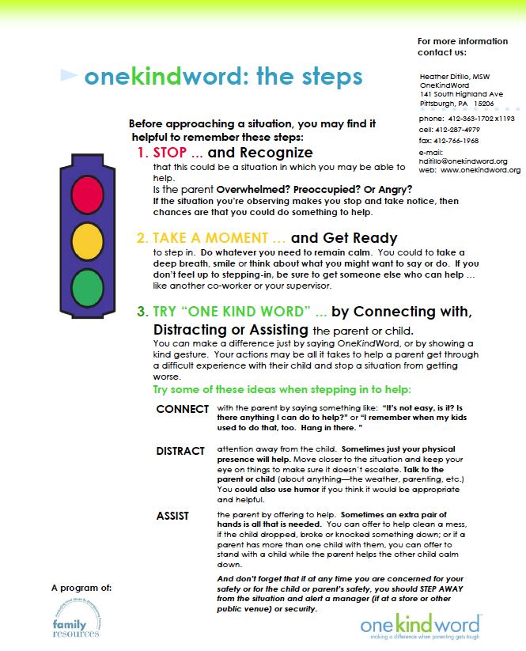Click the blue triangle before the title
tap(70, 76)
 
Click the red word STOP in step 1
tap(170, 153)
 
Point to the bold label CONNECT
tap(183, 409)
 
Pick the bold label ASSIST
tap(172, 516)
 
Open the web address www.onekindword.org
tap(480, 170)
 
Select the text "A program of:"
tap(81, 588)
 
